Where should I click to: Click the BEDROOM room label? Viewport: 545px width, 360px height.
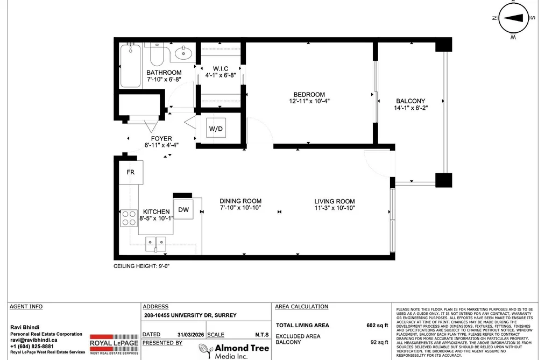tap(309, 95)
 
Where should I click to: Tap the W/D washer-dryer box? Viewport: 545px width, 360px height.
tap(216, 129)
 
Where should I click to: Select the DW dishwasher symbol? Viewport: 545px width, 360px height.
tap(183, 209)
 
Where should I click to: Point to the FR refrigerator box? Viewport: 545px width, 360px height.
tap(131, 172)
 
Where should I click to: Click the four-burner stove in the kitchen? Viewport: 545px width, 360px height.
tap(129, 218)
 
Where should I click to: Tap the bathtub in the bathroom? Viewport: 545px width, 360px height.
tap(130, 66)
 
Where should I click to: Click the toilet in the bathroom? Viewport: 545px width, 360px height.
tap(157, 54)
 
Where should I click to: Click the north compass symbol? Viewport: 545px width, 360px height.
tap(512, 19)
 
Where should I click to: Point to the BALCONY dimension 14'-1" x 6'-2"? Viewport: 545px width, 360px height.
tap(410, 108)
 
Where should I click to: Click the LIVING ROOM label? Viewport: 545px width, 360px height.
tap(334, 201)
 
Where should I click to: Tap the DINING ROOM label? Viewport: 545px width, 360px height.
tap(240, 201)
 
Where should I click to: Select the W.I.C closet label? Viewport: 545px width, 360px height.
tap(221, 69)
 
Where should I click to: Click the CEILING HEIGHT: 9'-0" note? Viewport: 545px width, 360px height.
tap(141, 266)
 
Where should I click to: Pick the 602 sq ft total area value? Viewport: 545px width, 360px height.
tap(377, 325)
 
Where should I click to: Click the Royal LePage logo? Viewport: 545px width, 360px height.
tap(114, 344)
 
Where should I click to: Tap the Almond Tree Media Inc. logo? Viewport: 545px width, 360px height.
tap(234, 351)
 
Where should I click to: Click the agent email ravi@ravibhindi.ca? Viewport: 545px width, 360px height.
tap(34, 340)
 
